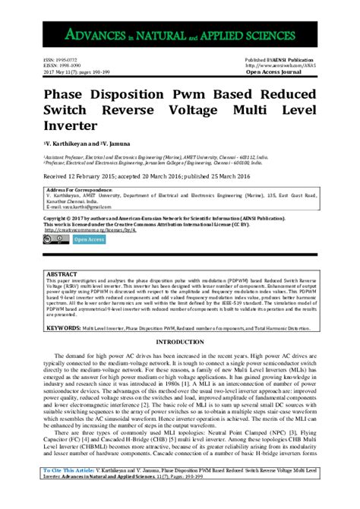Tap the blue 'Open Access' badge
tap(90, 240)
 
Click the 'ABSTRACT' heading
tap(61, 272)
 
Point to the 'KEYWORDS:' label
tap(63, 327)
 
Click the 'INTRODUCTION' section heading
tap(179, 343)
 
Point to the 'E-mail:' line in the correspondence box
tap(57, 206)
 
